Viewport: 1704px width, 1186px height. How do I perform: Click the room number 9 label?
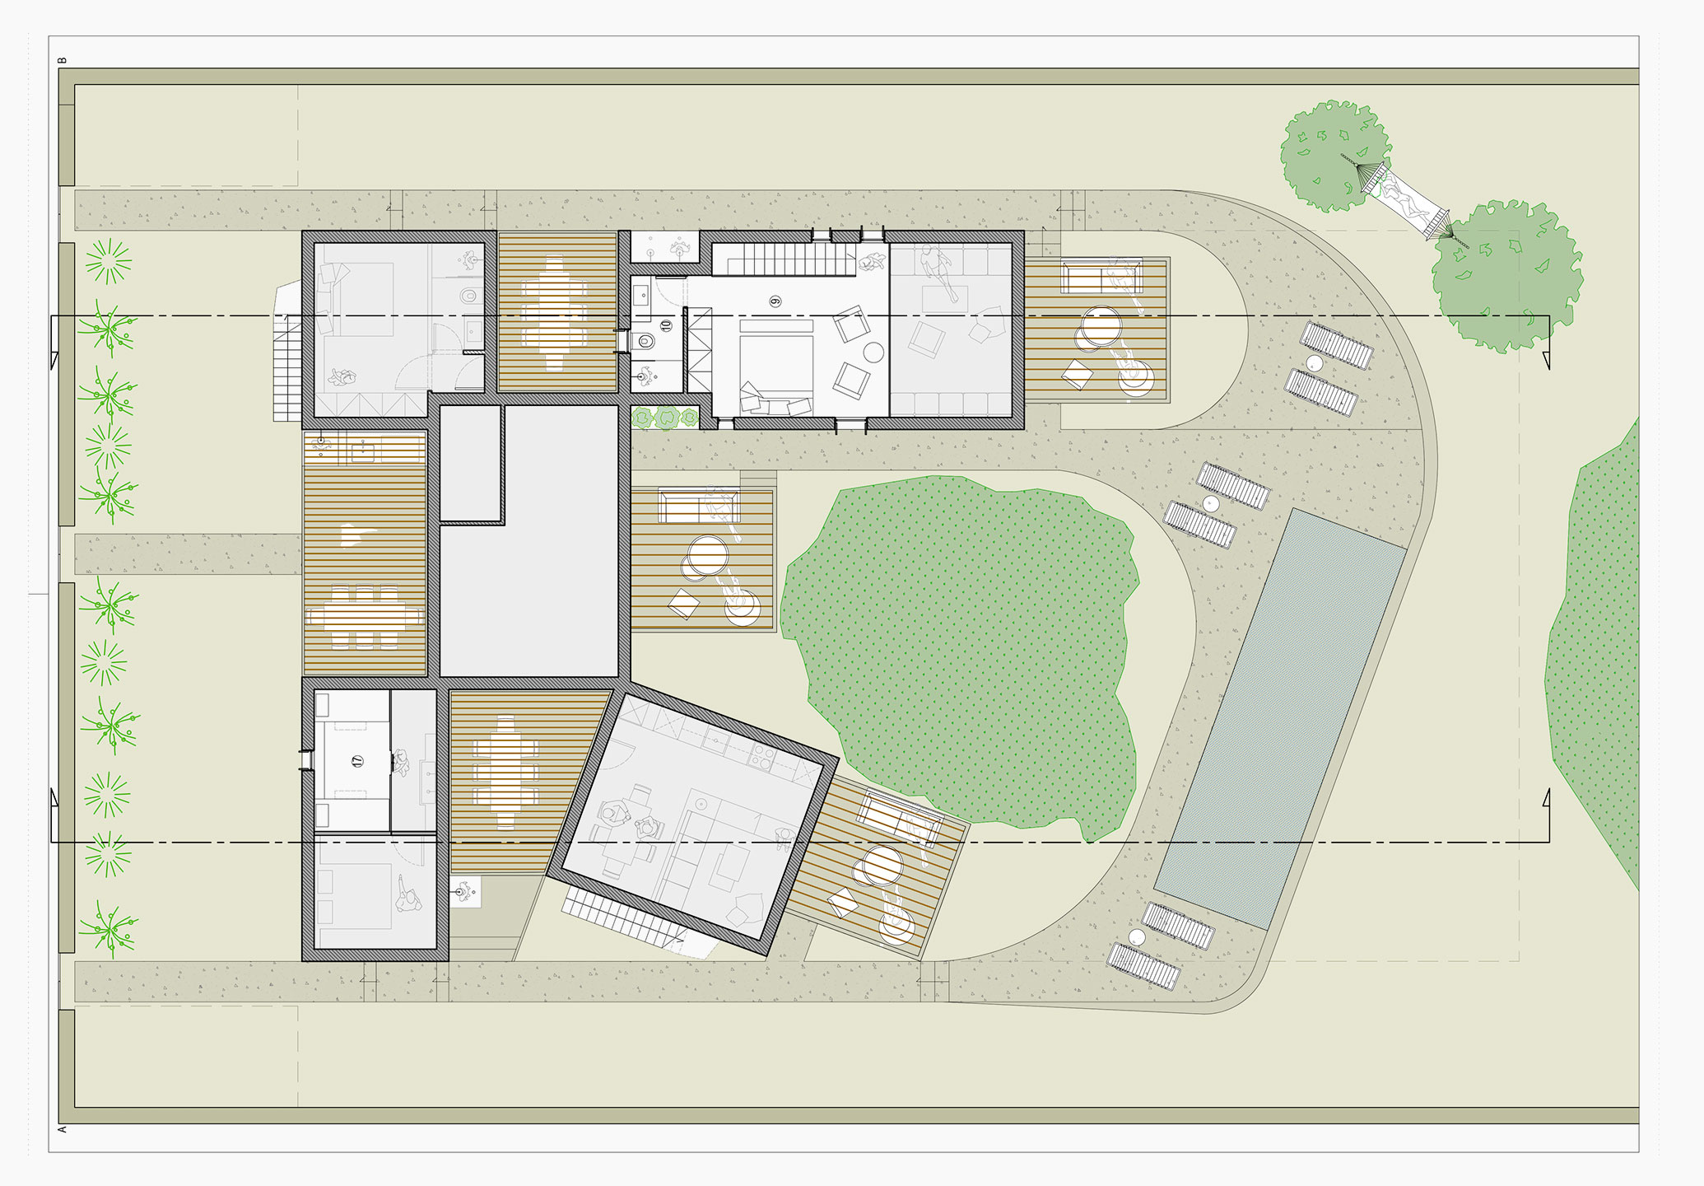[775, 301]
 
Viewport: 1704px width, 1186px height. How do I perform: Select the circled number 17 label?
[357, 761]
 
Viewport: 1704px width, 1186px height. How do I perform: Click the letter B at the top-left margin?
[63, 60]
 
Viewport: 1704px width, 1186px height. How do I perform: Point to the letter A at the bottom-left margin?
[63, 1128]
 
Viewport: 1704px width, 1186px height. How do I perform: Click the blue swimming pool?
[1280, 718]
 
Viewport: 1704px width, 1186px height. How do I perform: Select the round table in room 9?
[873, 353]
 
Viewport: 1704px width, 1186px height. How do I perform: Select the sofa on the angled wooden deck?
[900, 817]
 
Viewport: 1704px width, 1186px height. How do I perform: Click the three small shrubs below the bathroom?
[666, 418]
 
